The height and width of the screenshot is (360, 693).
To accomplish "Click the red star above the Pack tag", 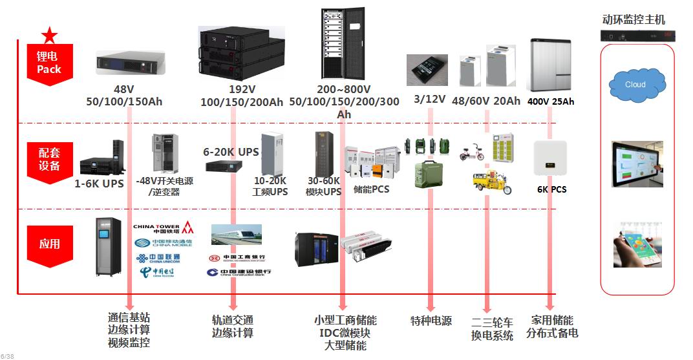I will coord(49,36).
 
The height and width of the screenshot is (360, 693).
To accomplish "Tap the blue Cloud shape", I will coord(636,85).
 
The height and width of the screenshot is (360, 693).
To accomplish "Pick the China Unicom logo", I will coord(158,259).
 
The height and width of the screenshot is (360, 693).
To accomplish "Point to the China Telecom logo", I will coord(158,272).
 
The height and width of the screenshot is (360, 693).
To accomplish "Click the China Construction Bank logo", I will coord(239,273).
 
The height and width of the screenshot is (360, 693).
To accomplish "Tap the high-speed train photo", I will coord(236,234).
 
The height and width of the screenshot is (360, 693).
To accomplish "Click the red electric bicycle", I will coord(472,153).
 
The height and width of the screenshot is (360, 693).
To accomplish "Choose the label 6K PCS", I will coord(551,189).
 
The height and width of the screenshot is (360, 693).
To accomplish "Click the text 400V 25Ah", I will coord(551,101).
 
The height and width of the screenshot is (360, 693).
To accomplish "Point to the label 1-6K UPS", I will coord(99,184).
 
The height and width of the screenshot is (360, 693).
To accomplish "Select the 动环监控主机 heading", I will coord(633,20).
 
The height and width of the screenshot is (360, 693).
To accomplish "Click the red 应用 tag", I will coord(49,244).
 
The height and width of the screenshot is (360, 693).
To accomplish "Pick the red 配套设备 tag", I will coord(49,160).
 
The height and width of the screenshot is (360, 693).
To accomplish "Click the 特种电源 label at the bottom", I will coord(431,321).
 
